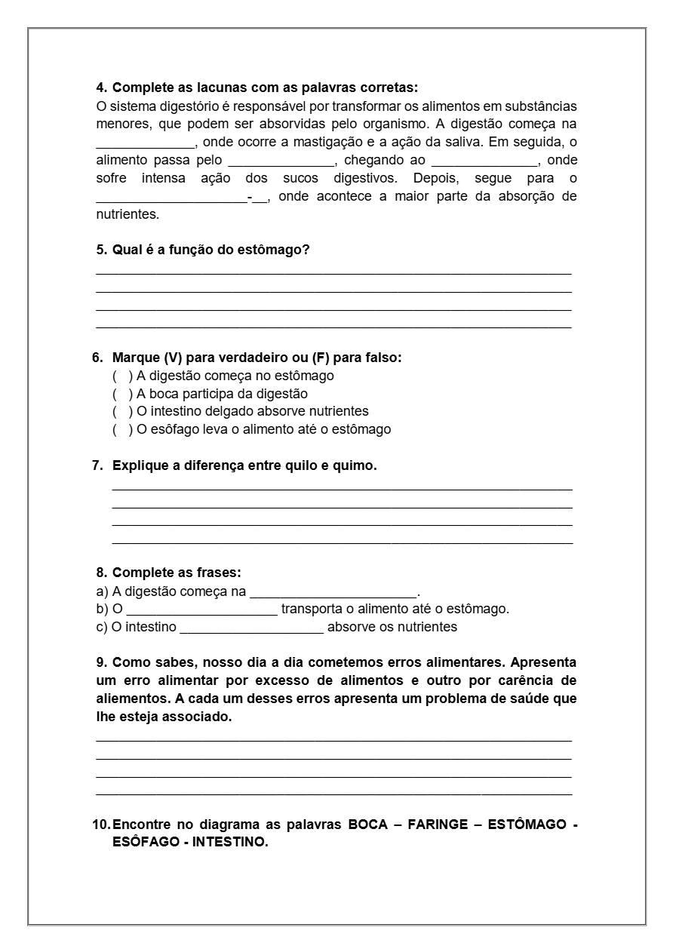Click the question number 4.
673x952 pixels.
[x=101, y=88]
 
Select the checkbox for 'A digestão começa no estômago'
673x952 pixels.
[x=120, y=376]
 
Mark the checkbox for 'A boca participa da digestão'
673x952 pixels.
[x=120, y=394]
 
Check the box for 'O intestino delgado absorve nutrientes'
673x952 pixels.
[x=120, y=412]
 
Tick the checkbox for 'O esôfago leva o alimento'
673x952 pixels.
[x=120, y=430]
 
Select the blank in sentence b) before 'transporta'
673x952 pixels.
[x=201, y=610]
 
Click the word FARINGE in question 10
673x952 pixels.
[x=438, y=825]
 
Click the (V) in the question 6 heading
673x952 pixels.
[x=174, y=358]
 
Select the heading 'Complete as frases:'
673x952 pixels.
[x=176, y=573]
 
